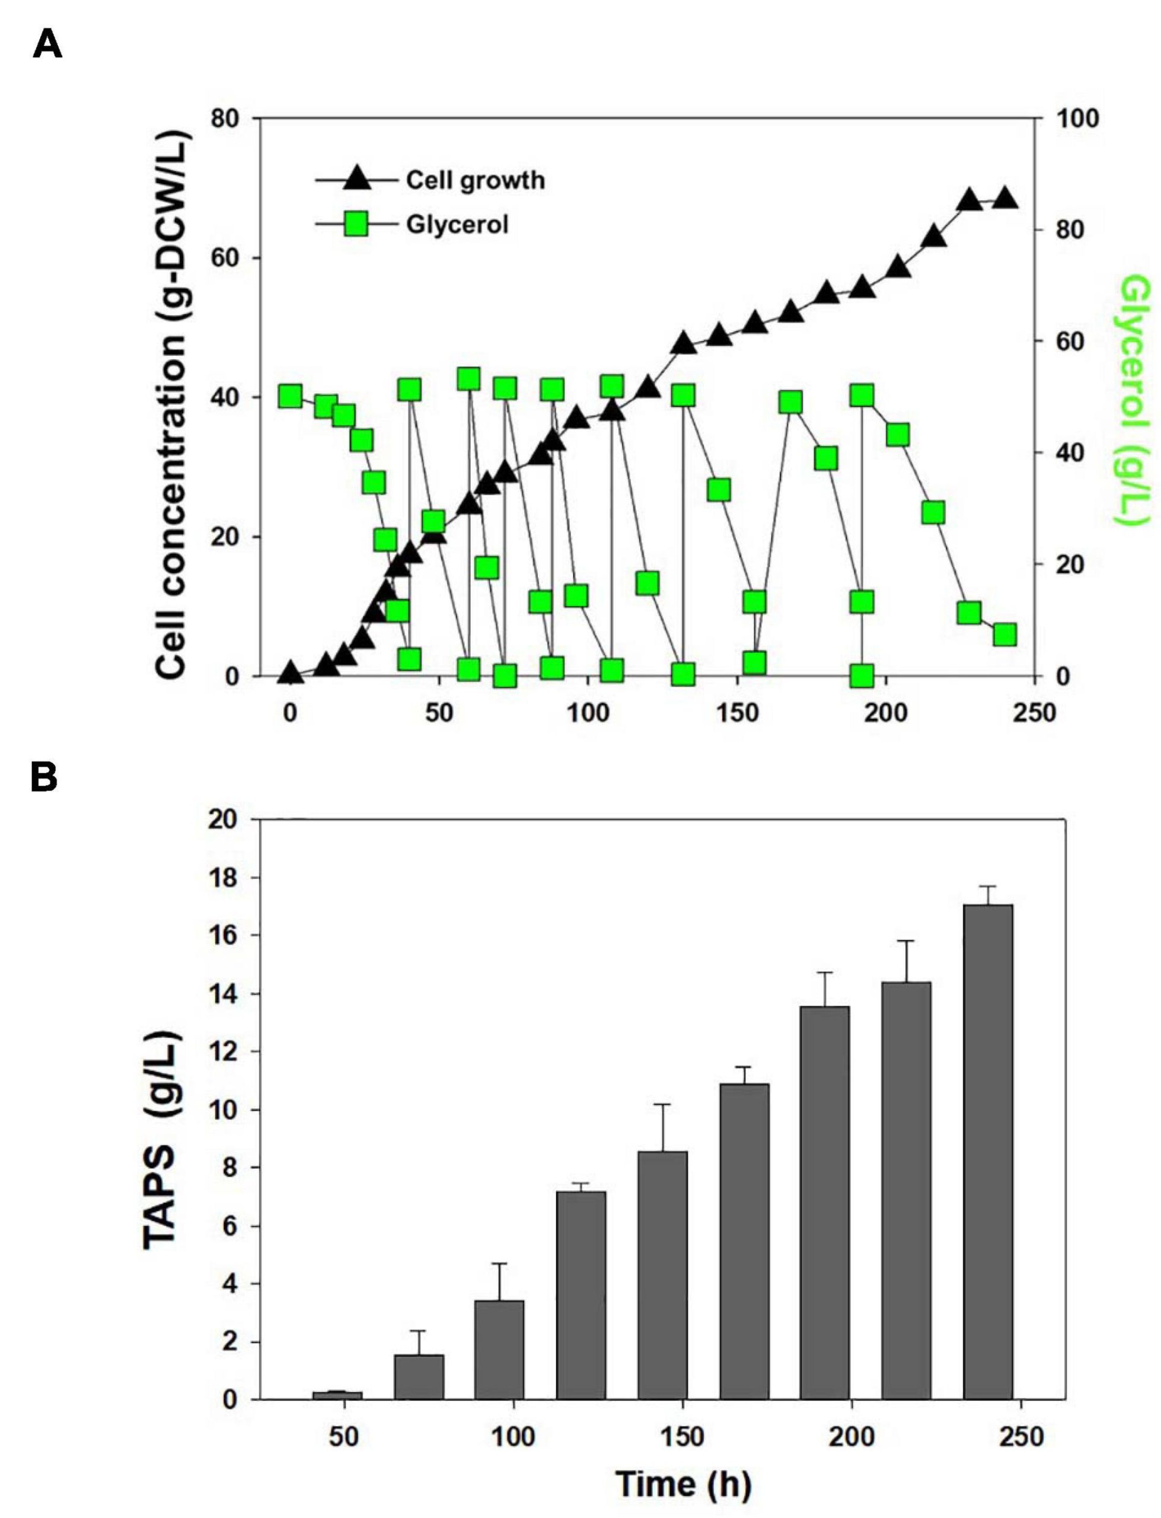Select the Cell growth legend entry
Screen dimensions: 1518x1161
(475, 180)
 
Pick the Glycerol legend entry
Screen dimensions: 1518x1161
(457, 225)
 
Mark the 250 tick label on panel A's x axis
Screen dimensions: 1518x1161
(1035, 712)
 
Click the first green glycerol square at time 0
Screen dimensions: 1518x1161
(291, 397)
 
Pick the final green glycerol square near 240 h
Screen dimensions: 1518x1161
(1005, 635)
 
